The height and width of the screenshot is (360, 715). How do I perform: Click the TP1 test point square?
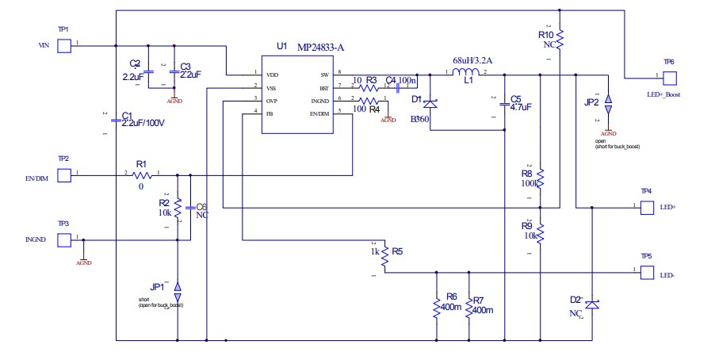click(x=64, y=45)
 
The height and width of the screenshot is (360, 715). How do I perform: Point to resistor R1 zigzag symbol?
click(x=143, y=174)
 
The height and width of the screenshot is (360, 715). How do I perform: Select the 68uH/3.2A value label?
click(x=472, y=60)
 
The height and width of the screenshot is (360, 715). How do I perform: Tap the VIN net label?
click(x=44, y=46)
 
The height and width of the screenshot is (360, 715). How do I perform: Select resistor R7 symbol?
click(x=469, y=307)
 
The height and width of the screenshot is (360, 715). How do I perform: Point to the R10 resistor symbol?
click(x=560, y=36)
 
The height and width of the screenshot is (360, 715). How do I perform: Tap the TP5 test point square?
click(x=646, y=274)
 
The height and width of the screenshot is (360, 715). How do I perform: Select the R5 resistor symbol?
click(x=384, y=256)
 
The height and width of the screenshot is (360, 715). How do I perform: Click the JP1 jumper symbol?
click(x=178, y=287)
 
